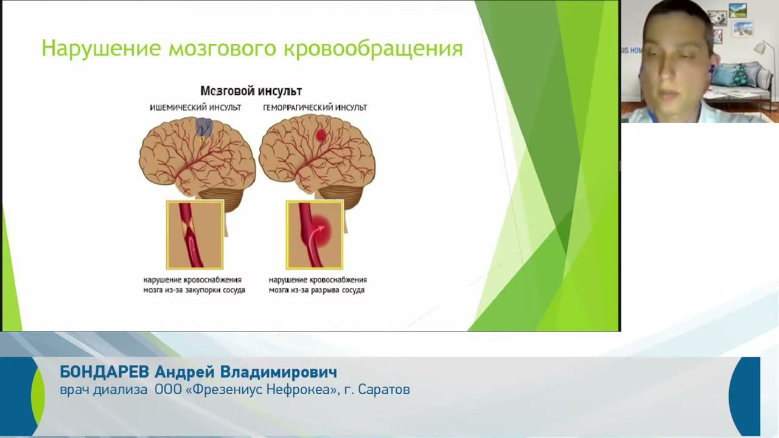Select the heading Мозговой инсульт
[x=251, y=91]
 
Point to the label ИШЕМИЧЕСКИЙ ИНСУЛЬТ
[x=195, y=108]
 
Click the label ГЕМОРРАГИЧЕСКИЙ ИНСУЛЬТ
[x=315, y=108]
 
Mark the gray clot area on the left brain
[x=204, y=127]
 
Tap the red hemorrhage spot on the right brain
[x=321, y=136]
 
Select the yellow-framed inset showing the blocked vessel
[x=195, y=235]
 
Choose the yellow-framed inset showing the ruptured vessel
[x=315, y=235]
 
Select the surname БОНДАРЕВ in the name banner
[x=104, y=372]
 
